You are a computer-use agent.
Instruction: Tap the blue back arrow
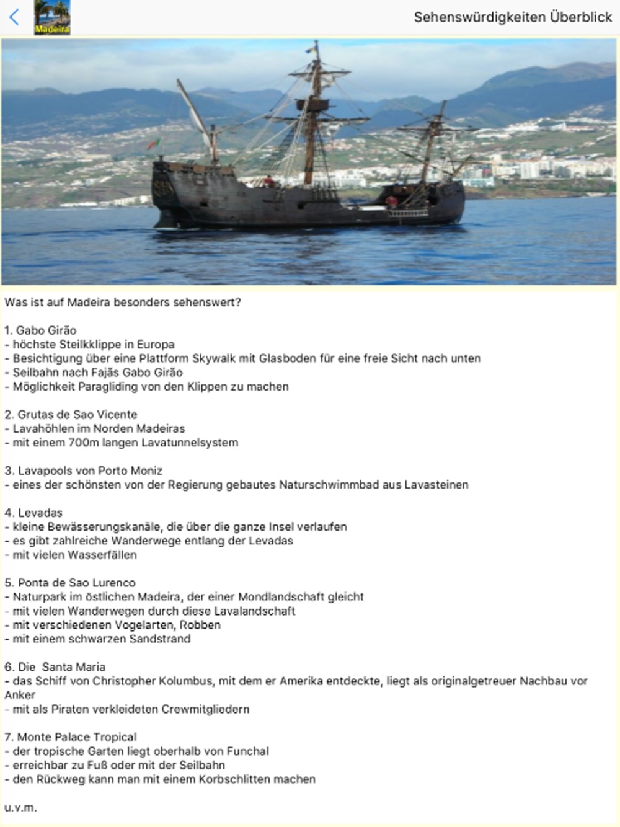point(14,17)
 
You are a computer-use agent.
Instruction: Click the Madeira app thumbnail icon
point(51,17)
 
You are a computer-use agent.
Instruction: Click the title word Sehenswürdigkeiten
point(472,17)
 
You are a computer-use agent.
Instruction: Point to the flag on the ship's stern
point(153,144)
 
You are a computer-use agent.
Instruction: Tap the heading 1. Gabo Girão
point(40,330)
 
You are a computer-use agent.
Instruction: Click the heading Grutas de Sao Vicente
point(77,415)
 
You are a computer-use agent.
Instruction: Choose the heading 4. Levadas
point(33,513)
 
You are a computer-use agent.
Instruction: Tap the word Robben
point(200,625)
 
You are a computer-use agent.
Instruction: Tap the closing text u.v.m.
point(20,807)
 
